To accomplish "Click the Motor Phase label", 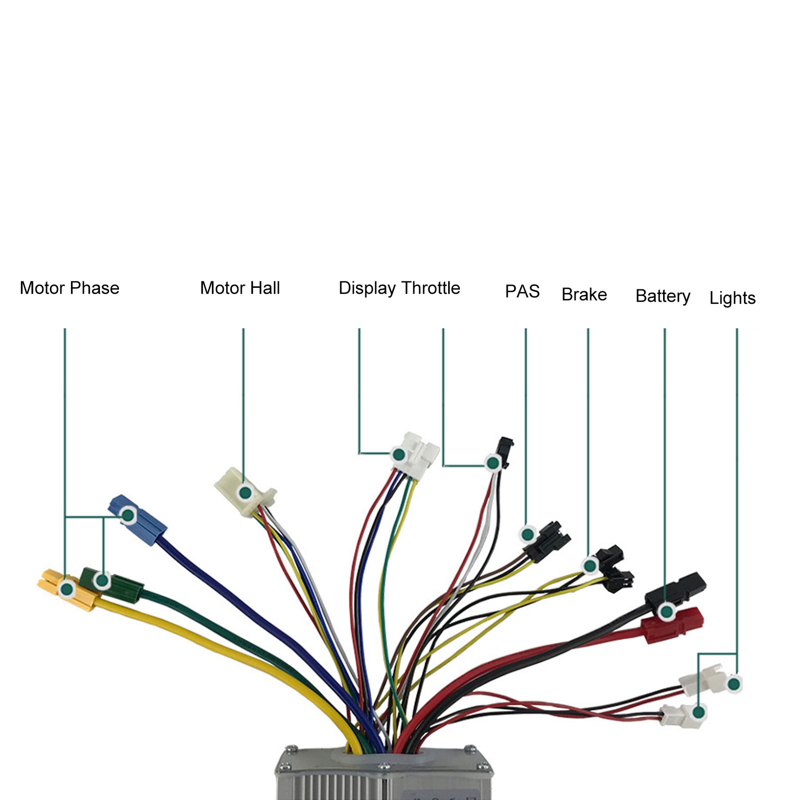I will pyautogui.click(x=69, y=288).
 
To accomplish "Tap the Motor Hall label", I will pyautogui.click(x=240, y=288).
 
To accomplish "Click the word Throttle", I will pyautogui.click(x=430, y=288).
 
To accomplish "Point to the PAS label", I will pyautogui.click(x=522, y=291).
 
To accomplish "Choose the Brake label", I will pyautogui.click(x=584, y=295).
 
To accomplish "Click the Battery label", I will pyautogui.click(x=663, y=296).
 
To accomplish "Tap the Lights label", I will pyautogui.click(x=732, y=298).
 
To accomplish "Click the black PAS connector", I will pyautogui.click(x=547, y=541).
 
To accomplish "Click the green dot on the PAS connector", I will pyautogui.click(x=527, y=534).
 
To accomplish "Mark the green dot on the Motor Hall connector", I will pyautogui.click(x=245, y=493).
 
